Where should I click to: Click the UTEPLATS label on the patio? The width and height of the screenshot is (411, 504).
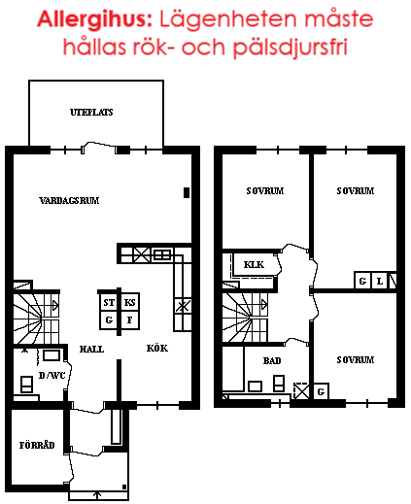coord(91,113)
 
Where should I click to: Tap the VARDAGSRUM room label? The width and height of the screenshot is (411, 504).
coord(69,201)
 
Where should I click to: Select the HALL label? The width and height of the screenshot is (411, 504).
coord(91,349)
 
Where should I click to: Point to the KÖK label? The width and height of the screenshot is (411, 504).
coord(157,348)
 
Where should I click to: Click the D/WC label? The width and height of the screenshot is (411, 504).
coord(51,375)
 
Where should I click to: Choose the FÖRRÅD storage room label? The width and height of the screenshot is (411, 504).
coord(37,445)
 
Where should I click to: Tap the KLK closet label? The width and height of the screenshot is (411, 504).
coord(254,265)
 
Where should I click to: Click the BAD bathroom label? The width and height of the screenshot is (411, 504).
coord(272,360)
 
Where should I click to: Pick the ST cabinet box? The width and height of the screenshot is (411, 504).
coord(109,302)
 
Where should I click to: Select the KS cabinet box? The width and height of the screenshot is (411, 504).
coord(129,302)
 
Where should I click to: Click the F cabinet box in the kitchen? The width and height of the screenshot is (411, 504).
coord(129,320)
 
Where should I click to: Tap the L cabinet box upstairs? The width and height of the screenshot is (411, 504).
coord(380,281)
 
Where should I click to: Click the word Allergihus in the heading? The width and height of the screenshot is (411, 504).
coord(94,19)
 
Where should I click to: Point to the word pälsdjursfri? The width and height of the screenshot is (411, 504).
coord(291,48)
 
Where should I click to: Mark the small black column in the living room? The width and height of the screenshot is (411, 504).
coord(187,192)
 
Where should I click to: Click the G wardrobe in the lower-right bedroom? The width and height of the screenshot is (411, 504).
coord(321,391)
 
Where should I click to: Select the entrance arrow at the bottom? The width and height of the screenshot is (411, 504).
coord(97,494)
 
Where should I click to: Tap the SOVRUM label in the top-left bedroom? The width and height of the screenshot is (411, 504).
coord(265,191)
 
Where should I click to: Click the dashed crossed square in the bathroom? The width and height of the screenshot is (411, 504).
coord(301,391)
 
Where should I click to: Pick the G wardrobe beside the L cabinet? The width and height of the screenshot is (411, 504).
coord(362,281)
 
